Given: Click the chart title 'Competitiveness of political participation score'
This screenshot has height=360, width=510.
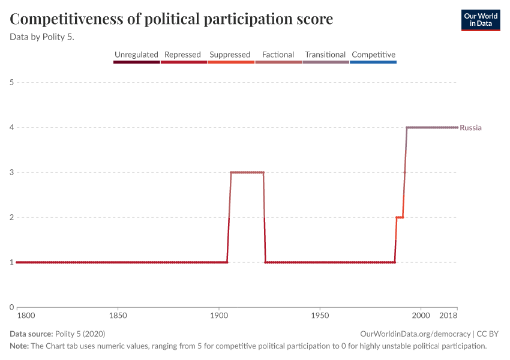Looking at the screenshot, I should [172, 19].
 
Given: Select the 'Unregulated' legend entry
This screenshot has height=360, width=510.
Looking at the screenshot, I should [137, 55].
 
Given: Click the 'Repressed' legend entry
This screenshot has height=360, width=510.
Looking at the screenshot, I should [182, 55].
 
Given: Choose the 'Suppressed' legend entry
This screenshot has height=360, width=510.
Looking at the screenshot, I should [230, 55].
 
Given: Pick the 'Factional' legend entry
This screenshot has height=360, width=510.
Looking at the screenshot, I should [278, 55].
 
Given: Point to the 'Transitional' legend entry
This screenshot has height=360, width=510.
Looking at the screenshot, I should [325, 55].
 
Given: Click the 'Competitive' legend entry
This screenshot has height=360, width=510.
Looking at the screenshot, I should [373, 55].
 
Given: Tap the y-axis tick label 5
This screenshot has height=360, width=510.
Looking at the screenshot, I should [12, 82].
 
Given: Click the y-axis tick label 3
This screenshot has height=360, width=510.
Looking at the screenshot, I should [12, 172].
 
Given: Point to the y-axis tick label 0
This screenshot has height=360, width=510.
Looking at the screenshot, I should [12, 307].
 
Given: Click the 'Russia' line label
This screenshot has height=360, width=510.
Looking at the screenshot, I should [470, 128].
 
